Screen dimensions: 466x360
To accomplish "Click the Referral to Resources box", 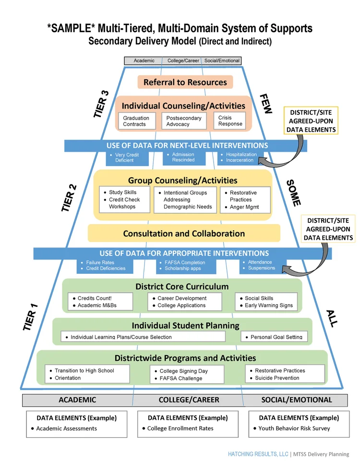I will coord(185,82).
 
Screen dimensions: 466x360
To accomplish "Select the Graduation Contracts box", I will coord(137,121).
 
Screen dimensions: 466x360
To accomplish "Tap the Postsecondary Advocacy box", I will coord(183,121).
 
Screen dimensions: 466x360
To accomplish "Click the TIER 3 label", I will coord(101,104).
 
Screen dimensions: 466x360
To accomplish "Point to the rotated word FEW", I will coord(265,104).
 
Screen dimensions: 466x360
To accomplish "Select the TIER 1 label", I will coord(30,317).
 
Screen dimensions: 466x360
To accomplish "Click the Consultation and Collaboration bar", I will coord(184,233).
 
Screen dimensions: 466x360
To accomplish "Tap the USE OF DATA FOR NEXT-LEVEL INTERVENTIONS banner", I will coord(187,145).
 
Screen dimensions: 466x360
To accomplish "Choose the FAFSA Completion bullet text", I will coord(185,262).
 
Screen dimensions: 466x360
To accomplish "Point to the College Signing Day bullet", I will coord(183,371).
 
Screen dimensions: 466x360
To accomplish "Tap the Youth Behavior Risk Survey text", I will coord(294,428).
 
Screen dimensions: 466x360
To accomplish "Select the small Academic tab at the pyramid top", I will coord(144,61).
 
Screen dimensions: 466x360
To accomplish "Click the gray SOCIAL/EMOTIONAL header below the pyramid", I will coord(296,400).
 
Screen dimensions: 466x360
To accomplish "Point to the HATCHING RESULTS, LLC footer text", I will coord(259,454).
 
